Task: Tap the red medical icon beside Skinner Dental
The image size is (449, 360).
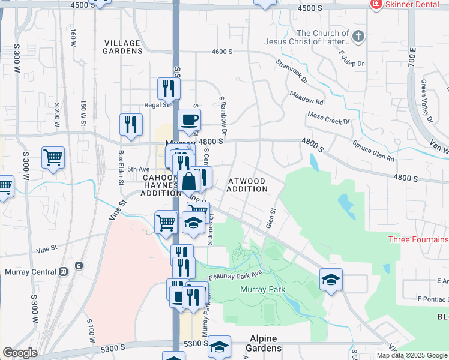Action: [x=376, y=4]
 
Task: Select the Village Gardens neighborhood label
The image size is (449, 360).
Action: [x=122, y=47]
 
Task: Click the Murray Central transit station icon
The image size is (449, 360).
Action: [x=79, y=266]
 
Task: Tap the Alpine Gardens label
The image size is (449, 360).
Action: [x=264, y=348]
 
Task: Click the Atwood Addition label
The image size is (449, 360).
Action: [x=247, y=184]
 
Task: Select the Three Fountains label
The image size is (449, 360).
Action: [x=418, y=239]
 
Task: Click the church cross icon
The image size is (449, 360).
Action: [x=358, y=37]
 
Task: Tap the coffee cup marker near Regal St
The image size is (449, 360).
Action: [x=189, y=119]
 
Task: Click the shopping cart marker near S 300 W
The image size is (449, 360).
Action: [x=53, y=158]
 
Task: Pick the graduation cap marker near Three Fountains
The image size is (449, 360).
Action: [x=331, y=280]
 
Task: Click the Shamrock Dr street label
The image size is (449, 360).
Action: [x=291, y=71]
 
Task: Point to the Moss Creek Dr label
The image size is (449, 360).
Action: [x=328, y=118]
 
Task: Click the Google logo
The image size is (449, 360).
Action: [x=20, y=353]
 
